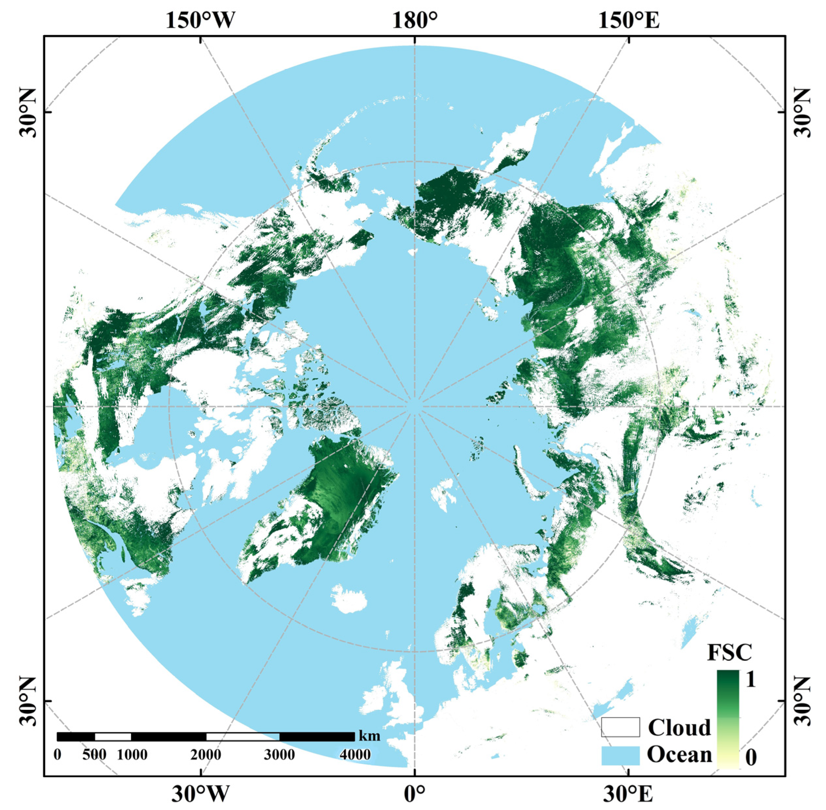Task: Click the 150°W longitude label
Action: click(200, 20)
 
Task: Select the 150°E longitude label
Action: click(629, 20)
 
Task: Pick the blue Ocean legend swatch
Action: click(620, 755)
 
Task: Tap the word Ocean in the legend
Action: click(679, 754)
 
